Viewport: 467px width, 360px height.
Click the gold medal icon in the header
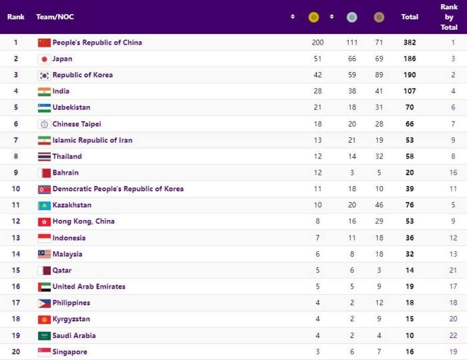[x=314, y=17]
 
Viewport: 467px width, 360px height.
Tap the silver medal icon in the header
[x=352, y=17]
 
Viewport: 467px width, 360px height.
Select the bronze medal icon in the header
[x=379, y=17]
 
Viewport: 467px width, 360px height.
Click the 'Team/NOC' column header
[x=55, y=17]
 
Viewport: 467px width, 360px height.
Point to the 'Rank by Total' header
[x=449, y=17]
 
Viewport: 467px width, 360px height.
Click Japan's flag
[x=44, y=59]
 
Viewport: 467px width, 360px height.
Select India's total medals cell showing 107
[x=410, y=91]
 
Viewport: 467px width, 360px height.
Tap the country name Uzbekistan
[x=71, y=107]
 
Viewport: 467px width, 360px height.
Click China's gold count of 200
[x=318, y=42]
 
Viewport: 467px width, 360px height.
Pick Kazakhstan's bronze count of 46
[x=379, y=205]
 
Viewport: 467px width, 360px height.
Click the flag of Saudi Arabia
[x=44, y=336]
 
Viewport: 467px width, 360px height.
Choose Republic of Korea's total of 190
[x=410, y=75]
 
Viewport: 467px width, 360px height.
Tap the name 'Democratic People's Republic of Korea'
[x=118, y=189]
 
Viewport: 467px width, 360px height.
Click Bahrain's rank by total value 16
[x=453, y=173]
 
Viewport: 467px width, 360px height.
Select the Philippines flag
[x=44, y=303]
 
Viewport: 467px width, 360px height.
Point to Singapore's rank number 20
[x=16, y=352]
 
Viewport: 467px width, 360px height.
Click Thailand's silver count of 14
[x=352, y=156]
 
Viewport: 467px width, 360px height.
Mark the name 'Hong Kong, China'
[x=83, y=221]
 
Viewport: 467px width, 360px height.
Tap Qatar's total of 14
[x=410, y=270]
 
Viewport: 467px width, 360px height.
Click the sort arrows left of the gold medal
[x=293, y=17]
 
